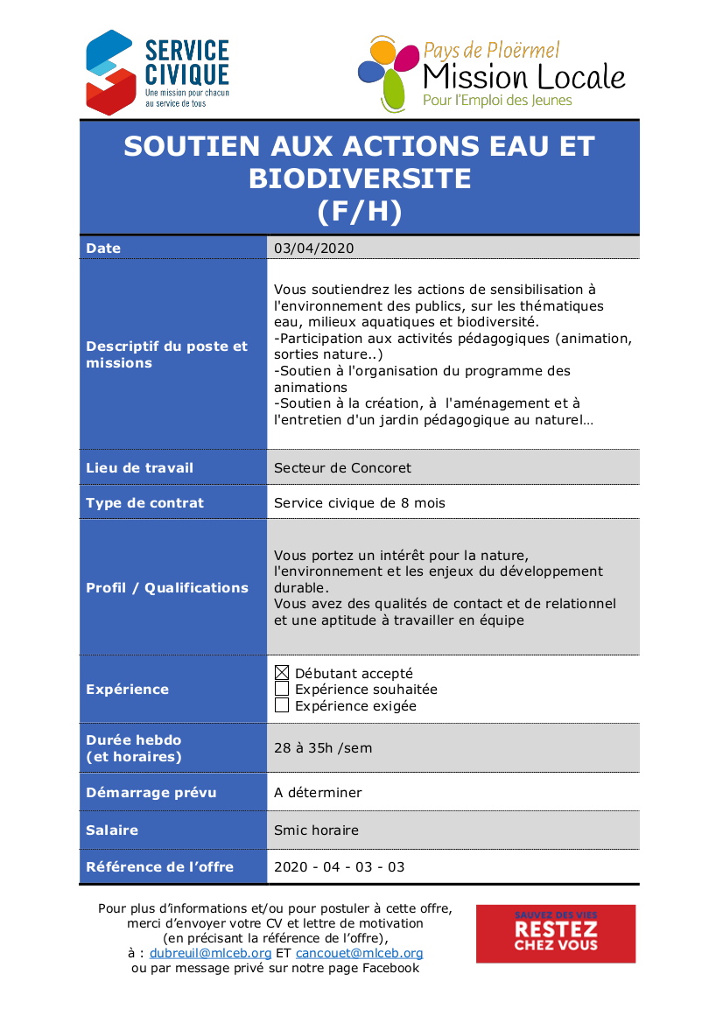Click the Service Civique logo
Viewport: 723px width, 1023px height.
coord(158,72)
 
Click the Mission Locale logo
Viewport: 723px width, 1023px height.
coord(492,74)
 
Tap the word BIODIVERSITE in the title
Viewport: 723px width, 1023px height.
coord(360,179)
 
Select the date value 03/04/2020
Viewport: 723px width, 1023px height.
coord(313,249)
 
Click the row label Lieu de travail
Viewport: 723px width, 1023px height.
coord(139,468)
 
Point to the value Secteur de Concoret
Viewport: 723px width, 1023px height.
coord(342,468)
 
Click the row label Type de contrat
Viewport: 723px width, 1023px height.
coord(144,503)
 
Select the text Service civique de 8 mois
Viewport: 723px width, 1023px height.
coord(360,503)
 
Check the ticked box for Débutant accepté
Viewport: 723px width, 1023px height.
coord(282,673)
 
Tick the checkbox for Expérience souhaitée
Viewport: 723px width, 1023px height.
coord(282,690)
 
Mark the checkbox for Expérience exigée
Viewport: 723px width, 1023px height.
coord(282,705)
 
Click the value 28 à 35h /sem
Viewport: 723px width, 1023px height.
coord(323,748)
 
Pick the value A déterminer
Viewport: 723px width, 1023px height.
coord(318,793)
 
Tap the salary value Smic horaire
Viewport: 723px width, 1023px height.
coord(316,830)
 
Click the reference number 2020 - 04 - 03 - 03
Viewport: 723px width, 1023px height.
coord(340,867)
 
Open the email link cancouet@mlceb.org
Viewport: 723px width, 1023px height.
coord(359,953)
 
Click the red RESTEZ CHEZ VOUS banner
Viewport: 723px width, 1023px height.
coord(556,934)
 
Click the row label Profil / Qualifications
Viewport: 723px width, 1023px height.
coord(167,588)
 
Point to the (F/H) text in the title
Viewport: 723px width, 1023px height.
coord(360,211)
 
